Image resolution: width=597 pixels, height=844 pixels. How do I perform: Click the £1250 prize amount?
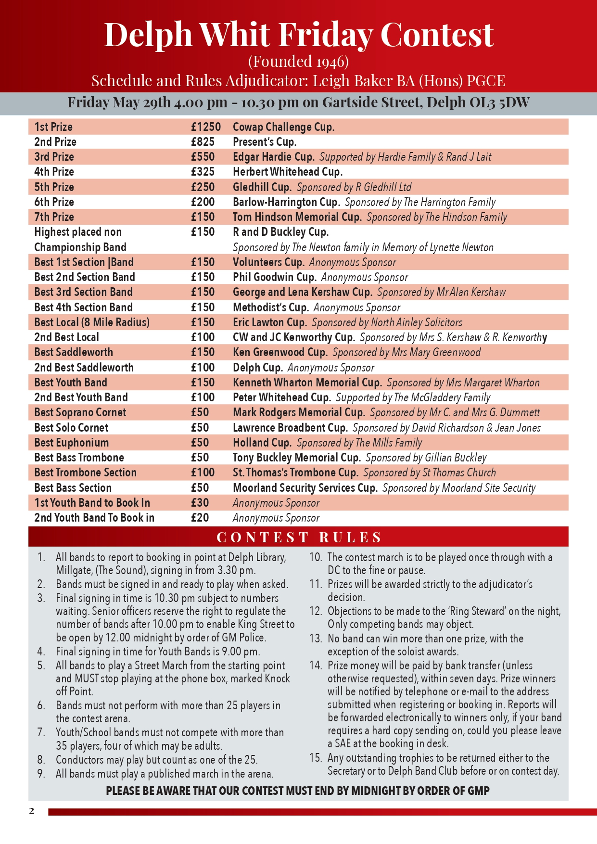tap(205, 127)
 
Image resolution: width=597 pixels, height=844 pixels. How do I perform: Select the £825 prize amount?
tap(203, 142)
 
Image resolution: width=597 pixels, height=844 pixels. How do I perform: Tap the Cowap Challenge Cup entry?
tap(283, 127)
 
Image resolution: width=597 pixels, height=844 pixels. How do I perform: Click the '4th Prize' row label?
tap(54, 172)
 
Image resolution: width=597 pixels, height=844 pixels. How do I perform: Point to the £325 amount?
tap(203, 172)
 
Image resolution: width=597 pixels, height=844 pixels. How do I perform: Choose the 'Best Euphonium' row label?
tap(71, 443)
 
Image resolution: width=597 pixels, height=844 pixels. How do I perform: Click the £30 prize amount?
tap(200, 503)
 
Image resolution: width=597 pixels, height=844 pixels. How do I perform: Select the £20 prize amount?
tap(200, 518)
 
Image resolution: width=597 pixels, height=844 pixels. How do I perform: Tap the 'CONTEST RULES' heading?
tap(299, 537)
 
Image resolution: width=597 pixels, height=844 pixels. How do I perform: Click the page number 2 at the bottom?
tap(32, 811)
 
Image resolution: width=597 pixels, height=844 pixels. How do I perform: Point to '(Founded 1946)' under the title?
tap(298, 62)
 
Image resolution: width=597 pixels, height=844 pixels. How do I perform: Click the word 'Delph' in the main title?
tap(148, 35)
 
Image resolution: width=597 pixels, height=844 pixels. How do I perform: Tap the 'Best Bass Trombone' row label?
tap(79, 458)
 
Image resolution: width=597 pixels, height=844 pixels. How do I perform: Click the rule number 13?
tap(315, 639)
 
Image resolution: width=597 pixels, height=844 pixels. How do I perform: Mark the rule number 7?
tap(41, 733)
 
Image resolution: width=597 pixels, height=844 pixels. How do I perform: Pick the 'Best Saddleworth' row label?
tap(73, 352)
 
